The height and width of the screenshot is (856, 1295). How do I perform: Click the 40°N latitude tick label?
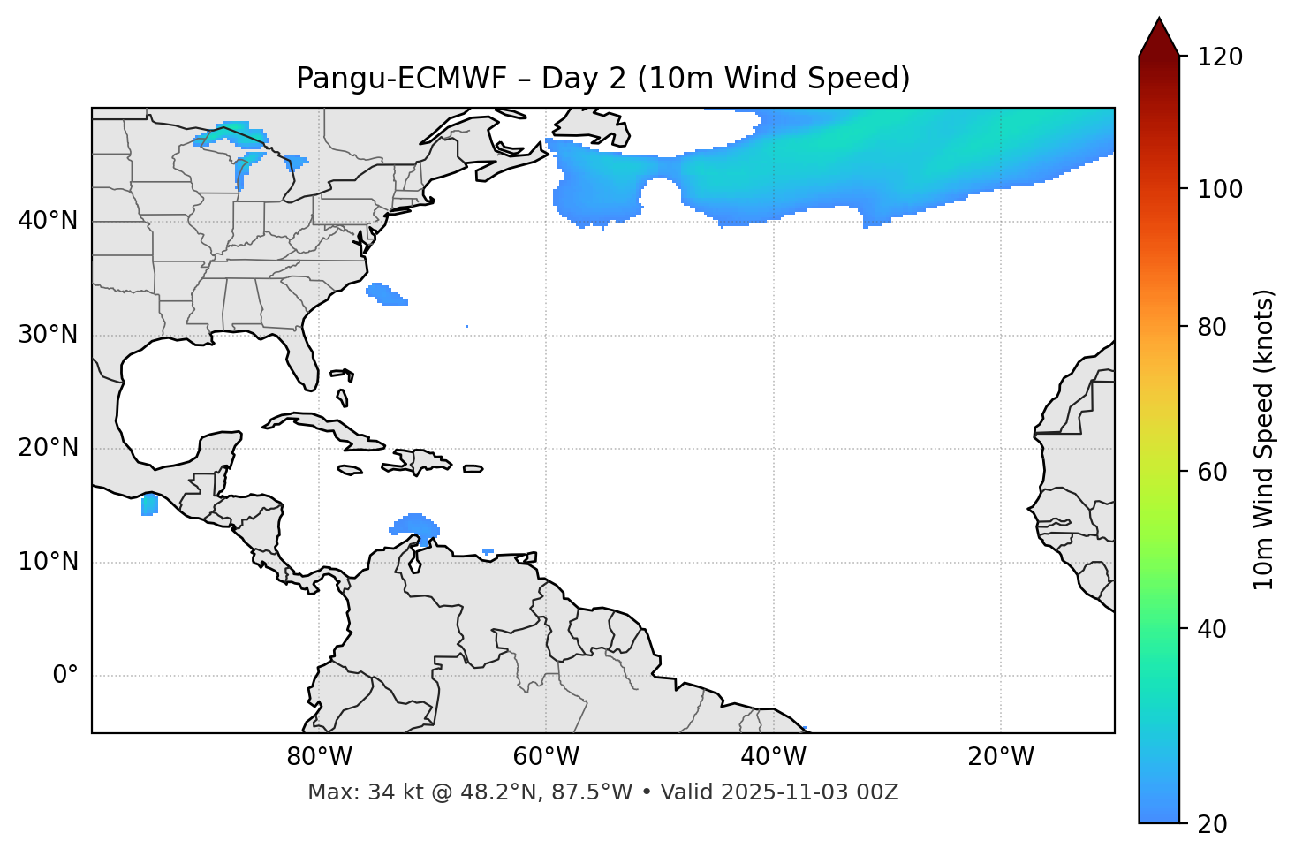point(48,221)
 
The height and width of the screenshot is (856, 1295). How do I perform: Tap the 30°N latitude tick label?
point(48,335)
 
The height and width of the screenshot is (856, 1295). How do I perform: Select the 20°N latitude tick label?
point(48,448)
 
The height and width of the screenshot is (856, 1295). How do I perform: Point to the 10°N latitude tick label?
point(48,562)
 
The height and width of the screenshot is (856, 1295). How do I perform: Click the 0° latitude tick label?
point(64,676)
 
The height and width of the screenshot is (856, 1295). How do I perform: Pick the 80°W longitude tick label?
point(319,757)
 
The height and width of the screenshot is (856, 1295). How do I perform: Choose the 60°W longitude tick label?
point(546,757)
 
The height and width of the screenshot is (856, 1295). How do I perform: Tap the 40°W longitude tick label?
point(773,757)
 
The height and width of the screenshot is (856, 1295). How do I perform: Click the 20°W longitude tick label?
point(1001,757)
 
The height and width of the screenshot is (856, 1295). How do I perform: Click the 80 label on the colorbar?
point(1217,327)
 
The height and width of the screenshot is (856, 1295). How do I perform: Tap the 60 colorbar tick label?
point(1217,472)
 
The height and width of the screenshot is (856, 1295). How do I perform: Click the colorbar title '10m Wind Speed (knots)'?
point(1264,439)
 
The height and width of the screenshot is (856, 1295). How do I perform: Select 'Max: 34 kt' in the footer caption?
point(352,792)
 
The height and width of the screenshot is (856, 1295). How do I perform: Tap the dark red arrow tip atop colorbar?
point(1159,35)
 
